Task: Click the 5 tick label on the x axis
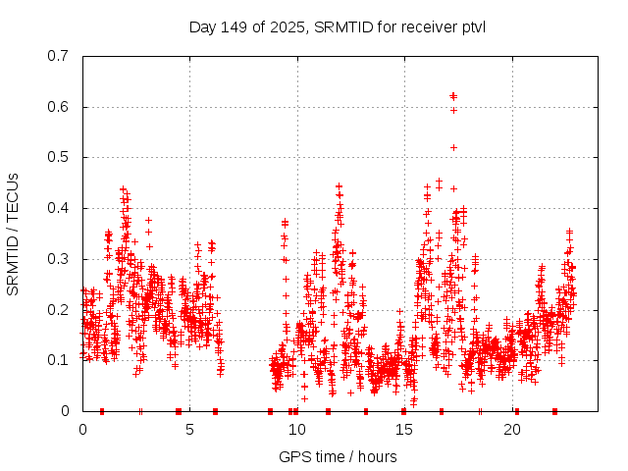pyautogui.click(x=189, y=430)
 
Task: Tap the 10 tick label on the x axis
pyautogui.click(x=297, y=430)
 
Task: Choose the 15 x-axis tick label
pyautogui.click(x=404, y=430)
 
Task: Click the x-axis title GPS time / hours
pyautogui.click(x=338, y=456)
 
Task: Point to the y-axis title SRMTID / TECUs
pyautogui.click(x=13, y=234)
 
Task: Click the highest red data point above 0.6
pyautogui.click(x=452, y=95)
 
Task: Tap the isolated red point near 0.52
pyautogui.click(x=453, y=147)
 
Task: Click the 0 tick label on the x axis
pyautogui.click(x=82, y=430)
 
